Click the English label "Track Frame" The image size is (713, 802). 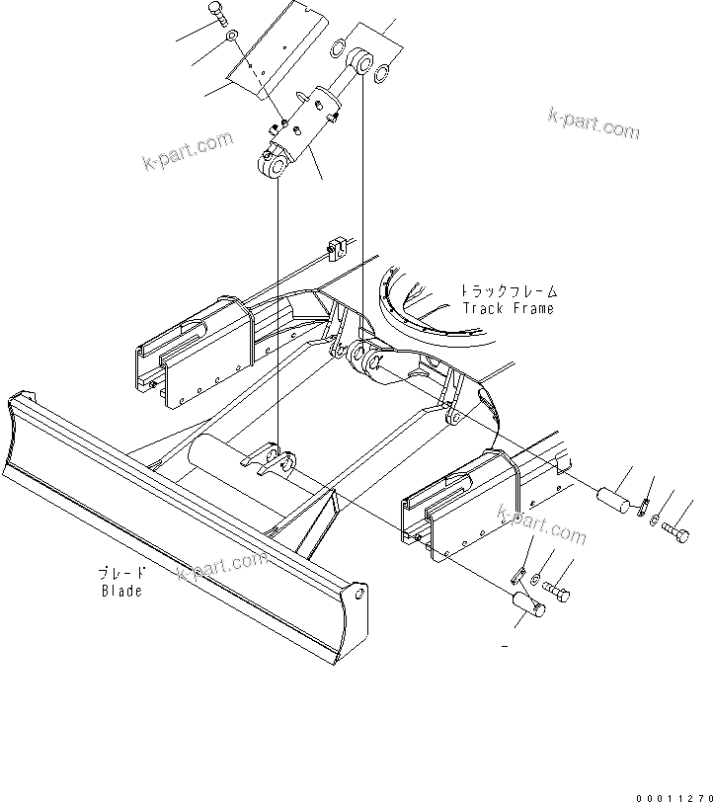[x=508, y=308]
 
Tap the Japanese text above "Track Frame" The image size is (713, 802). [x=508, y=291]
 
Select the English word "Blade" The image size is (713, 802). [x=121, y=591]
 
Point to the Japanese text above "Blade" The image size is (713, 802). [x=121, y=573]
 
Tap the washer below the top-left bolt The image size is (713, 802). [x=230, y=38]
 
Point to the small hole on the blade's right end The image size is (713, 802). [x=360, y=596]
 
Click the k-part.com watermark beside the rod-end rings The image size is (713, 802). [x=593, y=124]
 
